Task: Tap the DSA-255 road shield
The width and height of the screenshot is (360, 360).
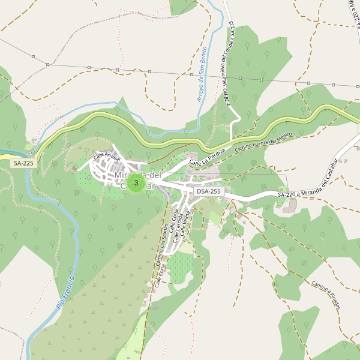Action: point(209,191)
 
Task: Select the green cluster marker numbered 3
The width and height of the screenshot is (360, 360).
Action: point(136,183)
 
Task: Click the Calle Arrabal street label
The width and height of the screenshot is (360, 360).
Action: point(107,157)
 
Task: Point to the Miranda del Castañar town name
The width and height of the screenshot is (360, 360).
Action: point(138,180)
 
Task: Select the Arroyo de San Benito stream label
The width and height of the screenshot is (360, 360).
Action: point(202,74)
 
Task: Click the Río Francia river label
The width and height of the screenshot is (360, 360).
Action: point(66,293)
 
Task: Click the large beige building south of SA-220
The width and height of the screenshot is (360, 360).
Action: point(290,205)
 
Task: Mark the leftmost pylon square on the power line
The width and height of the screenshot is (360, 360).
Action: point(33,56)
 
